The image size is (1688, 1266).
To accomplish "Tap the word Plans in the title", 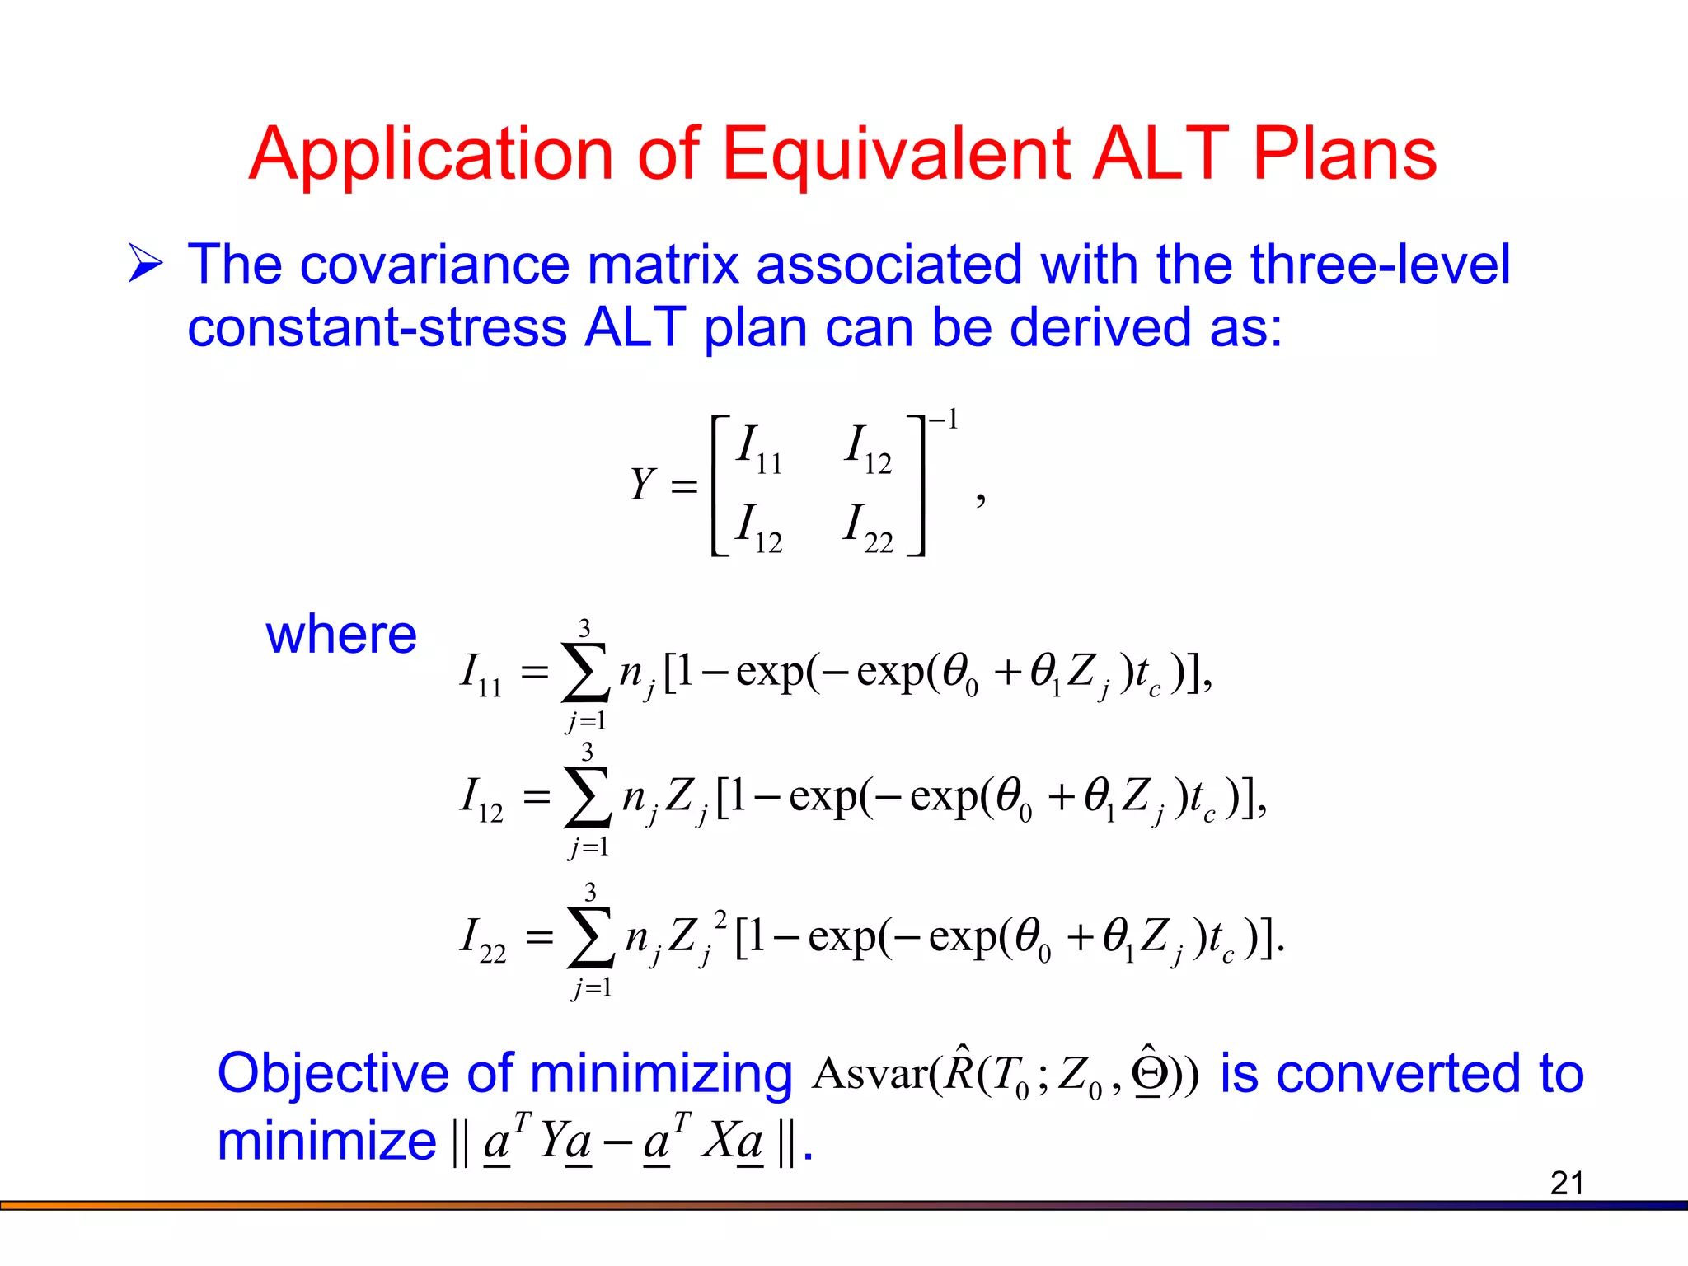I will pyautogui.click(x=1344, y=154).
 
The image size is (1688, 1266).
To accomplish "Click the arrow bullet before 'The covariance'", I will pyautogui.click(x=146, y=265).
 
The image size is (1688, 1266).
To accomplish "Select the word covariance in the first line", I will pyautogui.click(x=434, y=265).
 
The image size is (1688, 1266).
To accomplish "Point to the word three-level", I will pyautogui.click(x=1380, y=265).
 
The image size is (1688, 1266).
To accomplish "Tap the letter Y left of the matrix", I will pyautogui.click(x=642, y=484).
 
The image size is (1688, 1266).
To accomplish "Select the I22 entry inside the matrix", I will pyautogui.click(x=868, y=528).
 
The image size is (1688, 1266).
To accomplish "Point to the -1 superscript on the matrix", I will pyautogui.click(x=944, y=420).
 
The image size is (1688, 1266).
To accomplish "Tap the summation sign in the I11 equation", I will pyautogui.click(x=584, y=673).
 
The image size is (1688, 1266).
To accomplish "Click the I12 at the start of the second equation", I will pyautogui.click(x=481, y=799).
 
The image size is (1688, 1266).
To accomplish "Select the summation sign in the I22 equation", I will pyautogui.click(x=591, y=938).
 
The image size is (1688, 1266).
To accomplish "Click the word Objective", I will pyautogui.click(x=332, y=1074).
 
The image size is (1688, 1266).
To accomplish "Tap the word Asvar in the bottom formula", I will pyautogui.click(x=870, y=1074).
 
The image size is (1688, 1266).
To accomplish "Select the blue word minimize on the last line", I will pyautogui.click(x=326, y=1142).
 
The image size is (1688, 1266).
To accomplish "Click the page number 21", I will pyautogui.click(x=1566, y=1183).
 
